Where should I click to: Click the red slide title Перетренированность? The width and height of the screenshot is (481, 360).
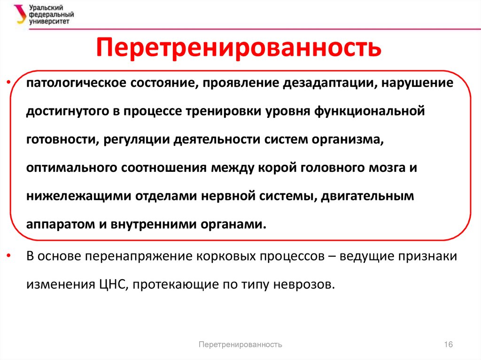tap(239, 48)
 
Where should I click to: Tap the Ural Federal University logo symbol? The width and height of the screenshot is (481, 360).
tap(20, 14)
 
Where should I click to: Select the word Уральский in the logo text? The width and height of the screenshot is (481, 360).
tap(46, 8)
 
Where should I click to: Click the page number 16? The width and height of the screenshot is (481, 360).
tap(448, 345)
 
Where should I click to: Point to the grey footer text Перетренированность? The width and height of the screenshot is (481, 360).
tap(240, 345)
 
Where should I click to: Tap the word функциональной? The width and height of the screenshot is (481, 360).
tap(369, 111)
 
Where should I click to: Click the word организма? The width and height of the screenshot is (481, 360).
tap(348, 139)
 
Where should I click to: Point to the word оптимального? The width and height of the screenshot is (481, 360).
tap(71, 168)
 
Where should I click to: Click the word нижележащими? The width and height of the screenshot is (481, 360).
tap(79, 196)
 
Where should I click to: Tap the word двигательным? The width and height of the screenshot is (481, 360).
tap(367, 196)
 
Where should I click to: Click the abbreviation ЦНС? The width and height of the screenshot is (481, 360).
tap(114, 284)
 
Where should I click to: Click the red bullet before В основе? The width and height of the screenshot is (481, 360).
tap(8, 255)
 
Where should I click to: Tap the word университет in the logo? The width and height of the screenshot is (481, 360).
tap(49, 22)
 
